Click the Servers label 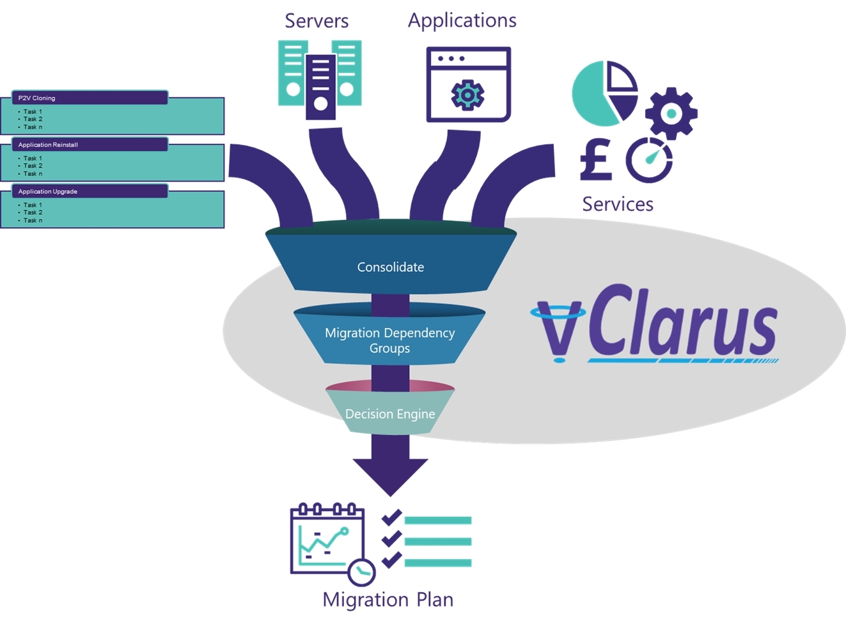click(317, 21)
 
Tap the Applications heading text click(462, 20)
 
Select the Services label click(617, 204)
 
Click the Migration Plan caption click(388, 599)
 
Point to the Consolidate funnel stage click(390, 267)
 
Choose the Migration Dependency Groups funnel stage click(389, 340)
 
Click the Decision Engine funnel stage click(390, 414)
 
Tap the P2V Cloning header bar click(90, 98)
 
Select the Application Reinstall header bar click(90, 145)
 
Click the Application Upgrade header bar click(90, 191)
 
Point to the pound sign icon click(595, 160)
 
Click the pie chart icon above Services click(604, 93)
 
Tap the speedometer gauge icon click(648, 160)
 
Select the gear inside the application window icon click(467, 95)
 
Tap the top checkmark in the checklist click(391, 518)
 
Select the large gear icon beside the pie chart click(671, 114)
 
